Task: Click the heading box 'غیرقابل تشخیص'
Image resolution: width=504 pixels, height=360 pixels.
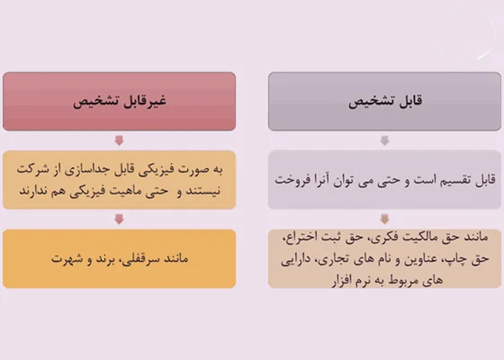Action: pyautogui.click(x=119, y=102)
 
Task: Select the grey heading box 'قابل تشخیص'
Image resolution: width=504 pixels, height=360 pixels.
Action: pyautogui.click(x=384, y=102)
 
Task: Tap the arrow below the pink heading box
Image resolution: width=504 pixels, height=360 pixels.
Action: pyautogui.click(x=119, y=141)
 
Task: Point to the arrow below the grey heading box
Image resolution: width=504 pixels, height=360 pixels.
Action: pyautogui.click(x=385, y=141)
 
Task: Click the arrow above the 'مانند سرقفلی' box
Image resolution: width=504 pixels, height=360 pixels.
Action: pyautogui.click(x=119, y=219)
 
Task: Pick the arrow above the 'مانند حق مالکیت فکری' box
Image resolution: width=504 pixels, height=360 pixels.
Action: pyautogui.click(x=385, y=219)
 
